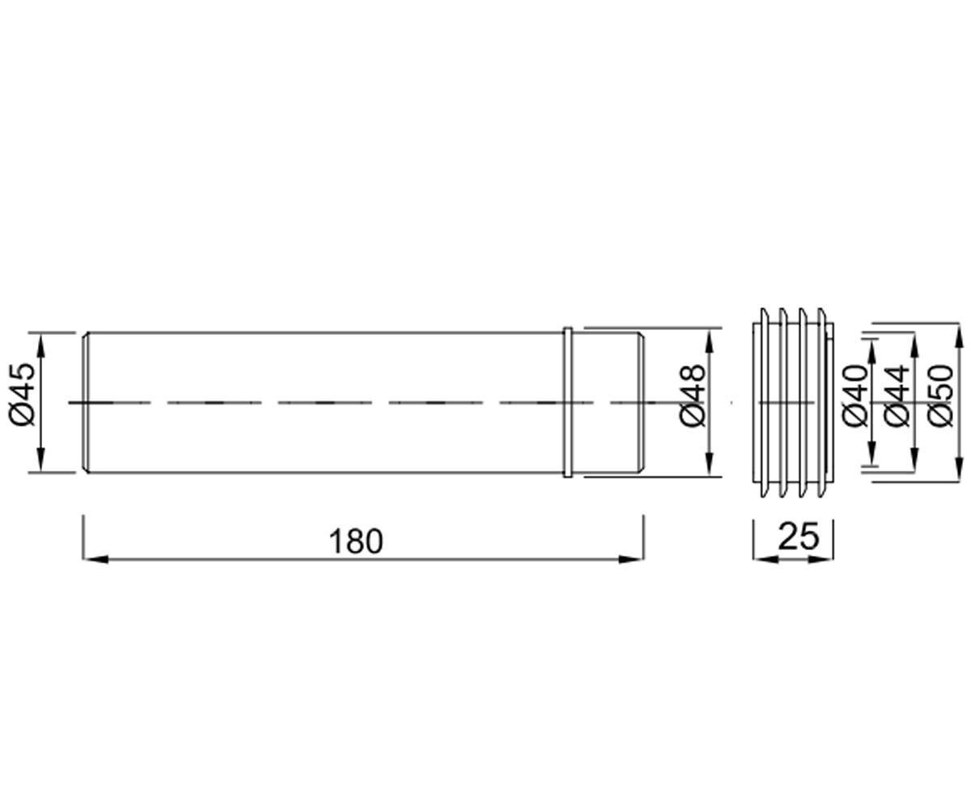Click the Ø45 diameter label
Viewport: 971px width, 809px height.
point(22,394)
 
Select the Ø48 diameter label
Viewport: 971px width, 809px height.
point(693,396)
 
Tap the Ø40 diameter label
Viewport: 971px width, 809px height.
point(855,396)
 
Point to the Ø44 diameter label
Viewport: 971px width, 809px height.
point(896,396)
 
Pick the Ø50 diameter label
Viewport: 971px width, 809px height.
point(940,396)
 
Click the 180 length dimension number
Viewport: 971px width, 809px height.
point(356,541)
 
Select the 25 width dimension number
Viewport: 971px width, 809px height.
point(798,536)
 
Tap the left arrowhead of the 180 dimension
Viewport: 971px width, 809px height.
point(95,559)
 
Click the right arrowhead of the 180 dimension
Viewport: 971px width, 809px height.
point(631,559)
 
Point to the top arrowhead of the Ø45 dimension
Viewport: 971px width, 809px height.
point(41,345)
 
